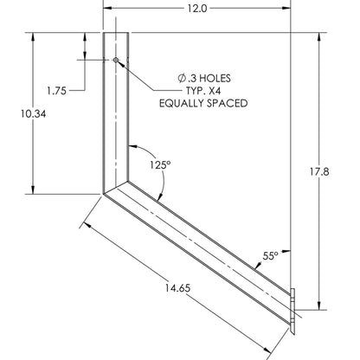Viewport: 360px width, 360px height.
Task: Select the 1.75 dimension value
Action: (x=58, y=89)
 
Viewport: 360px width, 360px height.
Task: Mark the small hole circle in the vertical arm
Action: (x=116, y=60)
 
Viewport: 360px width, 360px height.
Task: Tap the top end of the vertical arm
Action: (x=116, y=32)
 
